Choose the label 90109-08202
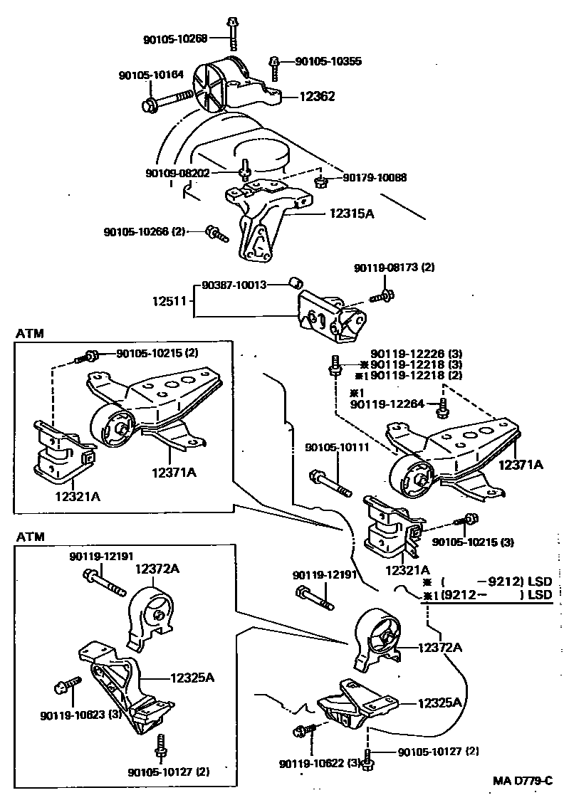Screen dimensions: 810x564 pyautogui.click(x=177, y=173)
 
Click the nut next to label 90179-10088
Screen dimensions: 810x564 pyautogui.click(x=321, y=182)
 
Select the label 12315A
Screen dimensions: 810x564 pyautogui.click(x=351, y=213)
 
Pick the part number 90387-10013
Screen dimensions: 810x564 pyautogui.click(x=233, y=285)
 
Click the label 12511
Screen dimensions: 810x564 pyautogui.click(x=169, y=302)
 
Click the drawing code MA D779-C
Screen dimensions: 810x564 pyautogui.click(x=523, y=781)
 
